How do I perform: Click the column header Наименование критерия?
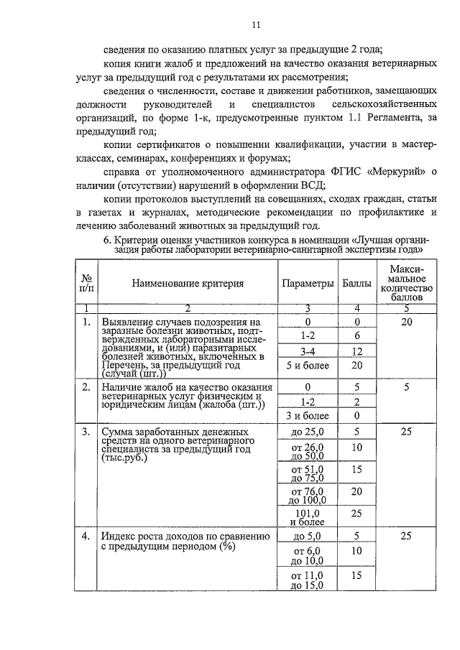coord(188,283)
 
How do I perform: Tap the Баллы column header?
coord(356,283)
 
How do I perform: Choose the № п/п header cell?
coord(87,283)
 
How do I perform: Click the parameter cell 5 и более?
coord(308,366)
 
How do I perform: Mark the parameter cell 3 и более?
coord(308,415)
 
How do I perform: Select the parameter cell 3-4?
coord(308,351)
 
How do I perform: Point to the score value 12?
coord(356,351)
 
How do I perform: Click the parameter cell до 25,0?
coord(308,432)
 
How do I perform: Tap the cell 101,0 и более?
coord(308,518)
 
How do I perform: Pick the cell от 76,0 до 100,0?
coord(308,496)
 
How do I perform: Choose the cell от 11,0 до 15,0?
coord(308,580)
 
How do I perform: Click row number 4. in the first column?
coord(86,536)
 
